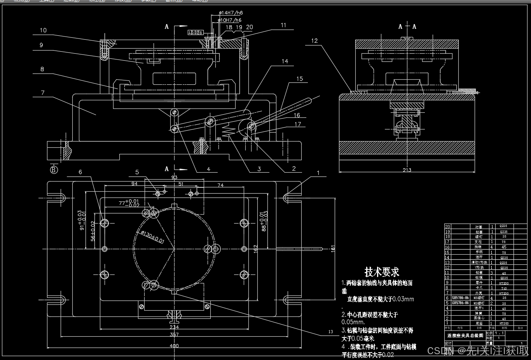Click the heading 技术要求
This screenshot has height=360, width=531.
382,272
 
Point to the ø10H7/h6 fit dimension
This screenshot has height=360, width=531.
229,20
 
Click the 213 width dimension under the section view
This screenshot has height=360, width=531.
407,170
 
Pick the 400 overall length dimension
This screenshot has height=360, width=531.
174,346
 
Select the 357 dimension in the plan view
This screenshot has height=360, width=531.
174,334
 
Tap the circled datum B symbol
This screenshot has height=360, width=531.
54,170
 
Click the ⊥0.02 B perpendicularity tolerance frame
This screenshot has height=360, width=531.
195,33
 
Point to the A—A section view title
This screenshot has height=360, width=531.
407,26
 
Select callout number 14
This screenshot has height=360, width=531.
285,61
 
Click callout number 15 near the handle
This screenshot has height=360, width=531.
300,79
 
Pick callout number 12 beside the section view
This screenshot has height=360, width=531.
314,40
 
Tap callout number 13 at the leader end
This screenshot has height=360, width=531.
331,332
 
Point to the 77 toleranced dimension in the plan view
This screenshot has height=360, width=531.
128,203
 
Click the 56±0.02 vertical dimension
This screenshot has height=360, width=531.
93,231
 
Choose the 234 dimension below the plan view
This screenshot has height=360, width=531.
174,327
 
